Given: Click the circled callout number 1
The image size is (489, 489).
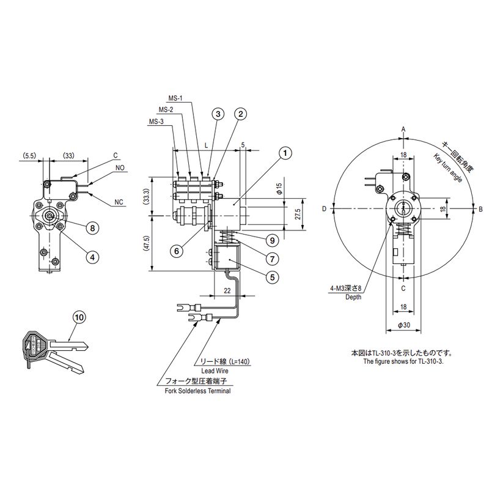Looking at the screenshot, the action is click(285, 153).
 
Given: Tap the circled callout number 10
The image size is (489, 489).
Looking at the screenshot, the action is click(79, 317).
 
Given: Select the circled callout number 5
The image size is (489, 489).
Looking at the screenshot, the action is click(273, 277).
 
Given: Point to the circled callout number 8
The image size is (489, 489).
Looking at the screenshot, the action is click(92, 228).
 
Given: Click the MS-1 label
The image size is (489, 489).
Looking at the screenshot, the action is click(175, 98).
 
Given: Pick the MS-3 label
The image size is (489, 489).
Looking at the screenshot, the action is click(156, 122).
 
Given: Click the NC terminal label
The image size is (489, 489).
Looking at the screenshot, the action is click(119, 202).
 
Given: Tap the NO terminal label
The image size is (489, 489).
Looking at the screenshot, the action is click(120, 167).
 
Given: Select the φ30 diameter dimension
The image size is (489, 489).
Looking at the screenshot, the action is click(404, 325).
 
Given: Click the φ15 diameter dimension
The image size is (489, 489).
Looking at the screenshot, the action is click(279, 188).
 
